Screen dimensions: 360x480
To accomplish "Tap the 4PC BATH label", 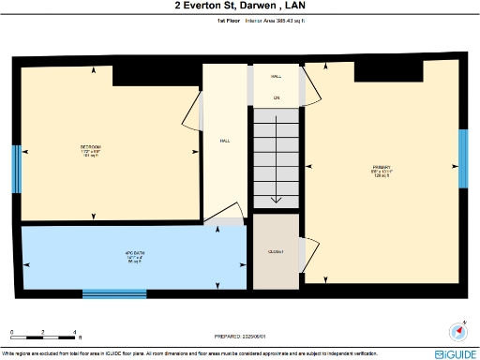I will point(110,256).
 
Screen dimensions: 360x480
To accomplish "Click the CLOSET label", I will point(276,252).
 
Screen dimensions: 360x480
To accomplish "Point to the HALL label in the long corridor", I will point(225,141).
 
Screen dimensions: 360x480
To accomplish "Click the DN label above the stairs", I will point(277,97).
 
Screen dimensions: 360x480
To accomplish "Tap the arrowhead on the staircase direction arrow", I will point(276,199).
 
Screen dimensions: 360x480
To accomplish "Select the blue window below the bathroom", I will point(114,294).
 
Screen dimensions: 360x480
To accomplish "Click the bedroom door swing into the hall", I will point(196,111).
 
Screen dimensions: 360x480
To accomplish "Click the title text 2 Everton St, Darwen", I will point(239,6).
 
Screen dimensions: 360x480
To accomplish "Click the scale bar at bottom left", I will point(43,332).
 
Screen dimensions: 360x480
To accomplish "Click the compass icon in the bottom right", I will point(458,331).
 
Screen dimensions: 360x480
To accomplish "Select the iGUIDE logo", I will point(456,354).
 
